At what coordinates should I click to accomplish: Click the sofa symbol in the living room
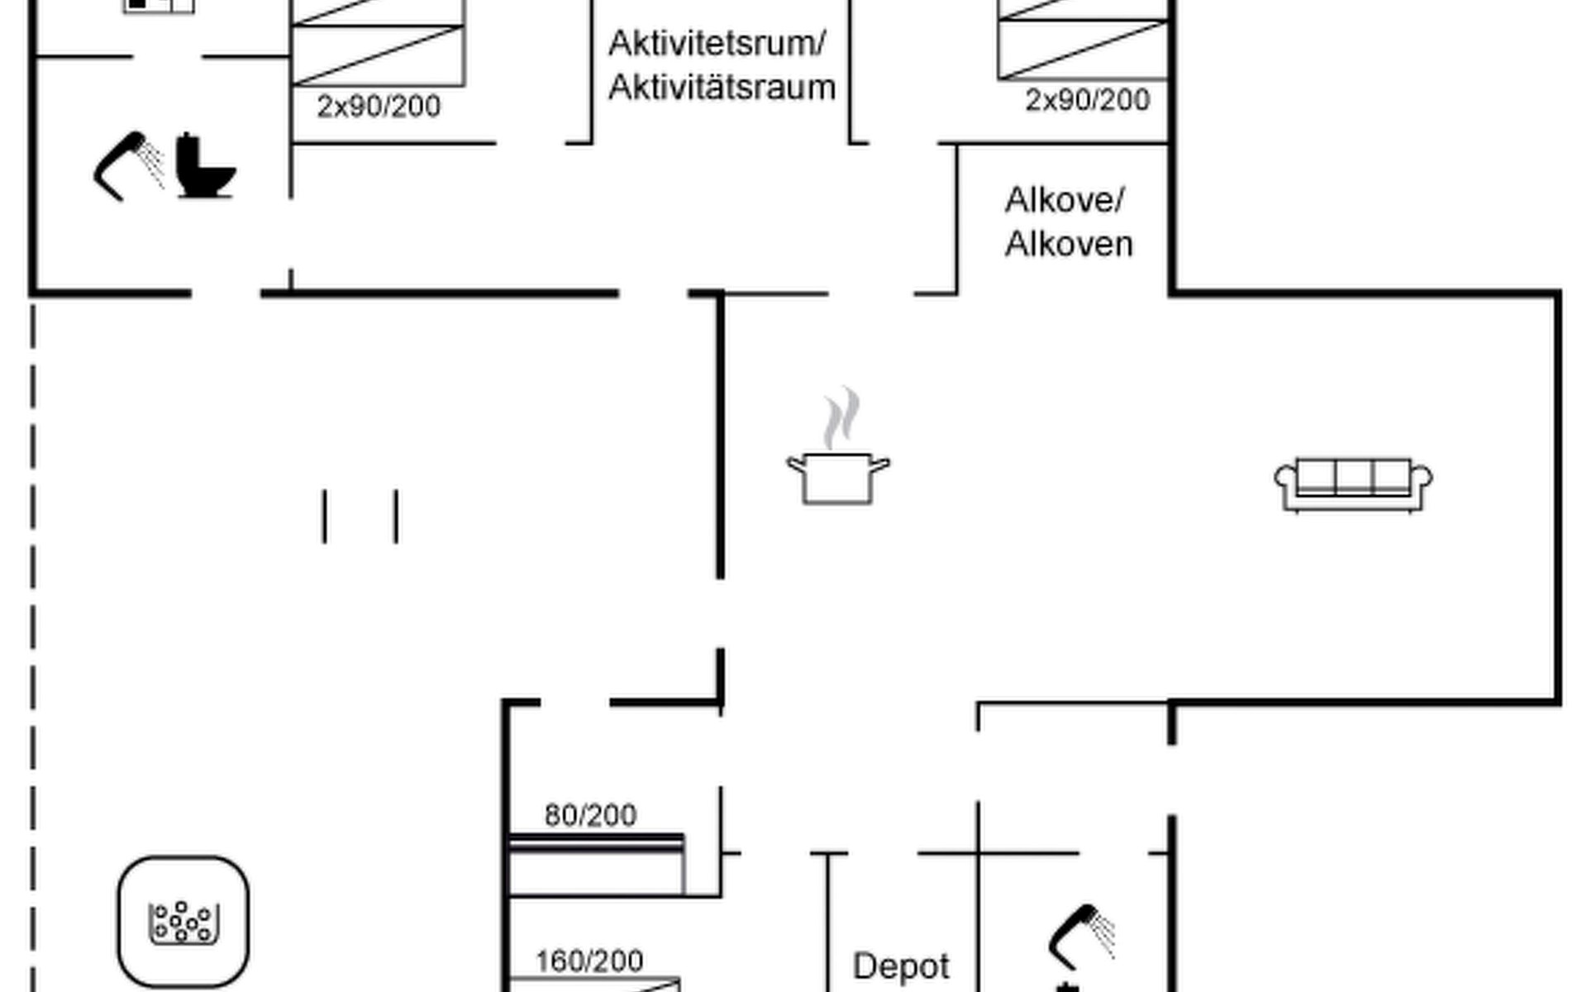[x=1353, y=485]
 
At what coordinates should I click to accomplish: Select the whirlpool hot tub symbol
[x=183, y=921]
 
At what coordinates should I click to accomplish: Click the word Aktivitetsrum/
[x=717, y=44]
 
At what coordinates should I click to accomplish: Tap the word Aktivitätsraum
[x=722, y=88]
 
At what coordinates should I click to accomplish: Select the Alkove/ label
[x=1065, y=200]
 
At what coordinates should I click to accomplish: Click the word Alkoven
[x=1069, y=245]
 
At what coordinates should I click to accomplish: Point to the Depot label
[x=901, y=966]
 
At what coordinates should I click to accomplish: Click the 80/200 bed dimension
[x=590, y=816]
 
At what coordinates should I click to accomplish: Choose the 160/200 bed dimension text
[x=589, y=961]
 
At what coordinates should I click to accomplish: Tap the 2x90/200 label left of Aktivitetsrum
[x=379, y=107]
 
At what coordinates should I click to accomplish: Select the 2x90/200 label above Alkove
[x=1088, y=100]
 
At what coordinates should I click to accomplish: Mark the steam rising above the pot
[x=841, y=417]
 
